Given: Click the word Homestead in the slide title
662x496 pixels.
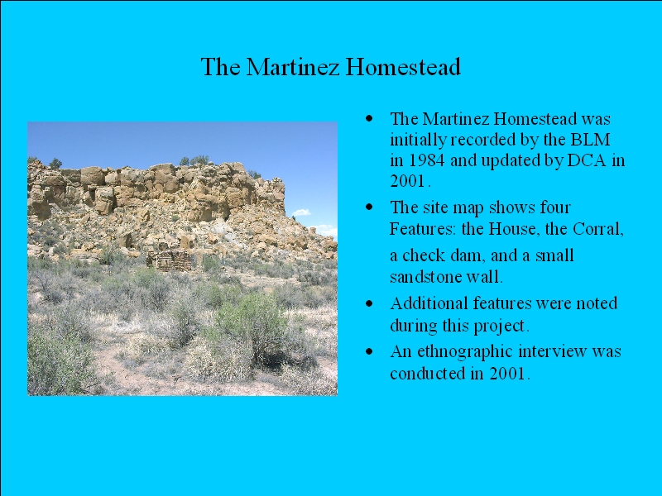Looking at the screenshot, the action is tap(403, 67).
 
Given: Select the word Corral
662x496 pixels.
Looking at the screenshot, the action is tap(597, 229).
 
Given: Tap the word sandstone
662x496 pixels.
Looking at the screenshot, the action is tap(425, 277).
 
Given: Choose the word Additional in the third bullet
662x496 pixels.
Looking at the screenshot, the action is tap(429, 303).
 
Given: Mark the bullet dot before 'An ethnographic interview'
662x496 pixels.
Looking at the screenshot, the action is tap(370, 351).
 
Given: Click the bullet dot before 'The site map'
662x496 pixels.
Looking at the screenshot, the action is tap(370, 207).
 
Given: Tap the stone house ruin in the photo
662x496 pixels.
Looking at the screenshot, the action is tap(169, 260).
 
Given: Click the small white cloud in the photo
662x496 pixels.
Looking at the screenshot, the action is tap(301, 212).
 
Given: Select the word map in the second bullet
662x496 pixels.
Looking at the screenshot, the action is tap(469, 208).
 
